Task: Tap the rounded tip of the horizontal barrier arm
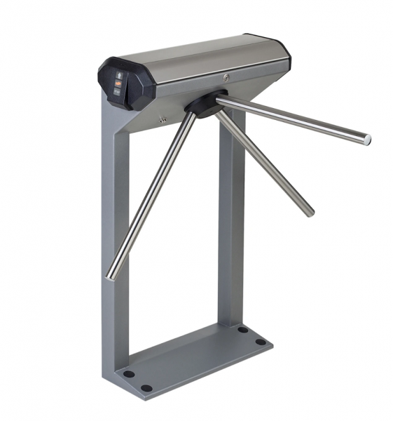pos(366,139)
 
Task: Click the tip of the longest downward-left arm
pos(111,276)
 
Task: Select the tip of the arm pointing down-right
pos(309,211)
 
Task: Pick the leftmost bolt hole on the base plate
pos(127,374)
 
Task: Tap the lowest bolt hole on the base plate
pos(146,387)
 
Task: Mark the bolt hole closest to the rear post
pos(242,329)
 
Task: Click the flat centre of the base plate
pos(193,358)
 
